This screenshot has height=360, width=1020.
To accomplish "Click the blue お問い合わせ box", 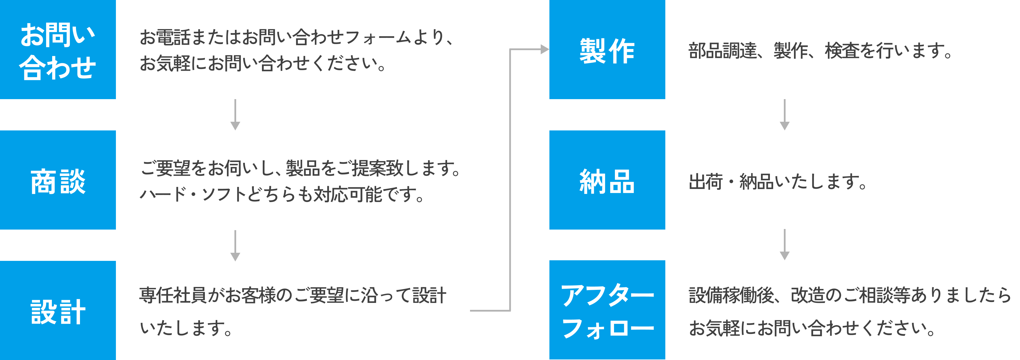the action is click(58, 50).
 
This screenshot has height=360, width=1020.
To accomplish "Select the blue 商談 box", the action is click(58, 180).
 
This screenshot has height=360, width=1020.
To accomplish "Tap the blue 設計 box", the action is click(58, 310).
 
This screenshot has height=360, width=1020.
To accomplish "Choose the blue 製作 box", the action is click(607, 50).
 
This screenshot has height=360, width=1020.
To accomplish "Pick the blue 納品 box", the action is click(607, 180).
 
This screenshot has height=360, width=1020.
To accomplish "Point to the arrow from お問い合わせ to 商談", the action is click(235, 114).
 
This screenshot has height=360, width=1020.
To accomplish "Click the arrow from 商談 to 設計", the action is click(235, 246).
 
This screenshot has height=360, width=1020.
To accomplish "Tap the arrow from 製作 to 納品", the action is click(784, 114).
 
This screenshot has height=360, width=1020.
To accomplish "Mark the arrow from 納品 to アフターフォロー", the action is click(784, 244).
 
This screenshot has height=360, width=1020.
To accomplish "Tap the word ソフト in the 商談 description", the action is click(219, 194).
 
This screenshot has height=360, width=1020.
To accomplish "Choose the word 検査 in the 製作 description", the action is click(842, 51).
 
